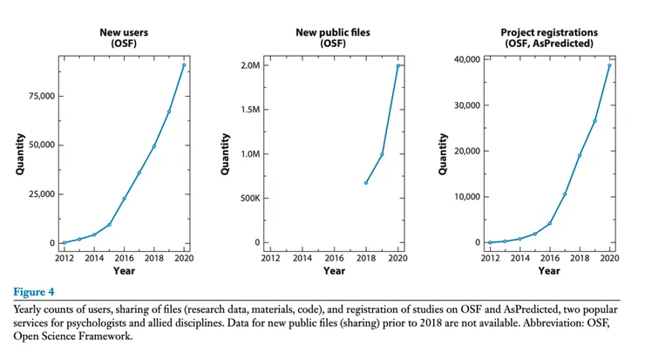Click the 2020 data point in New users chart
[184, 65]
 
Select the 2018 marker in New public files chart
[366, 182]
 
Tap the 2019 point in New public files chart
[382, 154]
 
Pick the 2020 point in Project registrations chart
[609, 65]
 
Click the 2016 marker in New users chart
[124, 199]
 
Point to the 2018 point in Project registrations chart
[579, 155]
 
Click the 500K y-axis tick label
[248, 198]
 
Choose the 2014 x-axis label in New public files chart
[302, 259]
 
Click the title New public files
[333, 33]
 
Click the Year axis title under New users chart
[123, 271]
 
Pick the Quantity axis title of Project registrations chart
[443, 153]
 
